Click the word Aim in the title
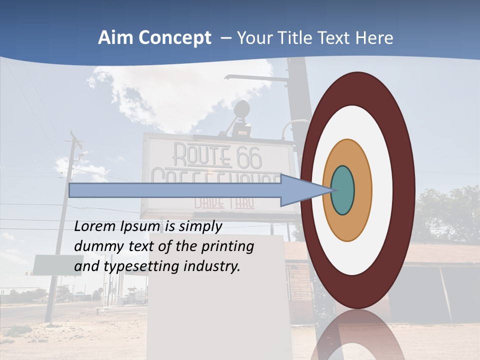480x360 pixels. coord(114,38)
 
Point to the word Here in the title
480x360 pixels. coord(375,38)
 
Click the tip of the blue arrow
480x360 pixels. coord(332,190)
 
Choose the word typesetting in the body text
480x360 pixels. coord(142,267)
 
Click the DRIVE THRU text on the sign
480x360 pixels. coord(224,203)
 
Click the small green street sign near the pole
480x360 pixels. coord(50,265)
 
